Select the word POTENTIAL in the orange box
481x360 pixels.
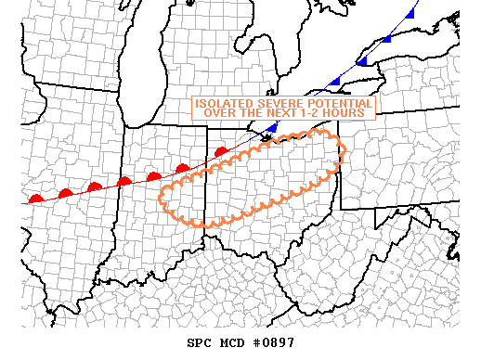(x=340, y=103)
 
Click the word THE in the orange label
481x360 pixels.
(x=249, y=112)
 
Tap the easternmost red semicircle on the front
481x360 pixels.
(x=221, y=150)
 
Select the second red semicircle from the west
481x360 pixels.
(x=65, y=193)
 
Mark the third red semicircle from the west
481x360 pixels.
(x=95, y=186)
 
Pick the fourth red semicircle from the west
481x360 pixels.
(x=124, y=181)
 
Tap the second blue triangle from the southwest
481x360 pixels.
(x=332, y=83)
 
